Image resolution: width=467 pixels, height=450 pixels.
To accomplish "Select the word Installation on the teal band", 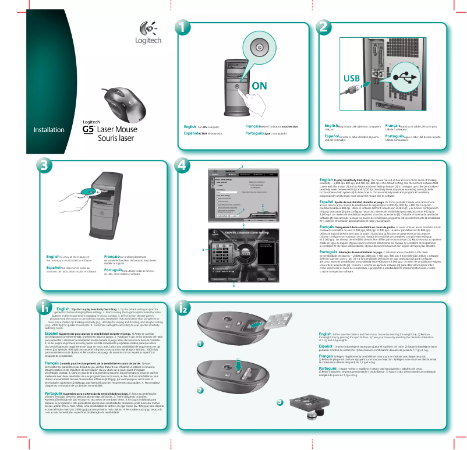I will (48, 129).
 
